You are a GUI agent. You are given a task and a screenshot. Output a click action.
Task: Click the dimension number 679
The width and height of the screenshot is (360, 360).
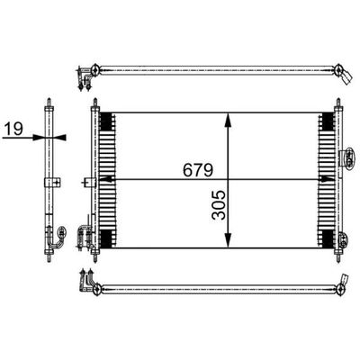point(198,170)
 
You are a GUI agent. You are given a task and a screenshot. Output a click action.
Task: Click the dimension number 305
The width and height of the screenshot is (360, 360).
point(219,205)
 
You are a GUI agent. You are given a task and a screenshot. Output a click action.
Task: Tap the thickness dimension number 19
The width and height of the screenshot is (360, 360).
point(13,130)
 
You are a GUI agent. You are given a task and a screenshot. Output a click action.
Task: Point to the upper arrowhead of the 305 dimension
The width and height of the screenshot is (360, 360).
point(228,121)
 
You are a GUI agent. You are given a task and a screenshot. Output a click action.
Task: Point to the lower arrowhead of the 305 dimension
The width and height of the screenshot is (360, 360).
point(228,240)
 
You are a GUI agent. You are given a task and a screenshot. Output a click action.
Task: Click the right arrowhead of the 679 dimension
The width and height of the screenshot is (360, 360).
point(326,179)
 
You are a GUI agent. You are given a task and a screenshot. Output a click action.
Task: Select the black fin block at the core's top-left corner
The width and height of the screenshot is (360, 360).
point(105,121)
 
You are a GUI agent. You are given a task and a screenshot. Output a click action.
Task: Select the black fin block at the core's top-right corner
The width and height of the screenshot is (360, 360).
point(328,121)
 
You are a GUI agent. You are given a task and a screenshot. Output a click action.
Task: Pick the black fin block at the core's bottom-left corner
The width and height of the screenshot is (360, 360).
point(105,239)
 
